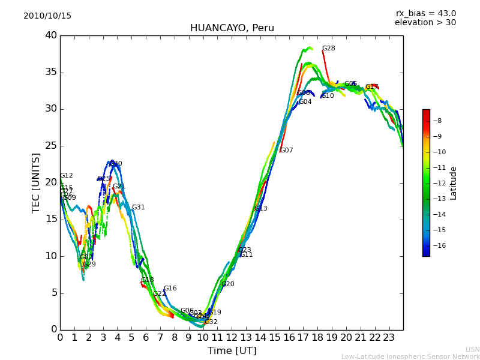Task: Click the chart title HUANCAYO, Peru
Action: click(x=232, y=28)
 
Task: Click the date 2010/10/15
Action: click(x=47, y=16)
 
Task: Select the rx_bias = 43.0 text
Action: click(x=425, y=14)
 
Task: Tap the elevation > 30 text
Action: click(x=425, y=23)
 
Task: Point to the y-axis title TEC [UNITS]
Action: click(x=37, y=182)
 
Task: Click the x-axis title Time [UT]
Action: click(x=232, y=351)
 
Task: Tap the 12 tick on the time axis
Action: click(x=232, y=338)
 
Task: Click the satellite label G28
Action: click(x=328, y=49)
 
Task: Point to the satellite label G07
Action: click(x=286, y=151)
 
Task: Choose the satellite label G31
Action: click(x=138, y=208)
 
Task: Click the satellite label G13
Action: click(x=260, y=209)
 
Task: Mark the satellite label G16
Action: click(x=170, y=289)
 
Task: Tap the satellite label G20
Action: click(x=227, y=284)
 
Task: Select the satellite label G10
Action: click(x=327, y=96)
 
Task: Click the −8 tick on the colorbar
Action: click(x=437, y=121)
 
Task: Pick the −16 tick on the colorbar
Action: click(x=437, y=245)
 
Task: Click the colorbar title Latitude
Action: click(x=454, y=183)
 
